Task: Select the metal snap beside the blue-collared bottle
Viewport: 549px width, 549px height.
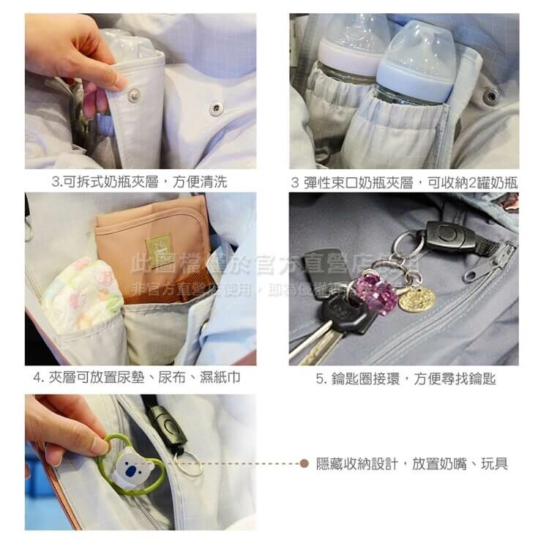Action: pos(491,95)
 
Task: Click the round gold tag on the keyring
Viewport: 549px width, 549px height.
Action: pos(417,298)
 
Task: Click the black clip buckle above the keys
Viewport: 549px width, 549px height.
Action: pos(451,236)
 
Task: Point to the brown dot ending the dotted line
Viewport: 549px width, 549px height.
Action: pos(304,463)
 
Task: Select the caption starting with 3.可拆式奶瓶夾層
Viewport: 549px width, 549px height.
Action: pos(139,182)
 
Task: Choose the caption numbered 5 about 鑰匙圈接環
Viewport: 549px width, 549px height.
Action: pos(406,378)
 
